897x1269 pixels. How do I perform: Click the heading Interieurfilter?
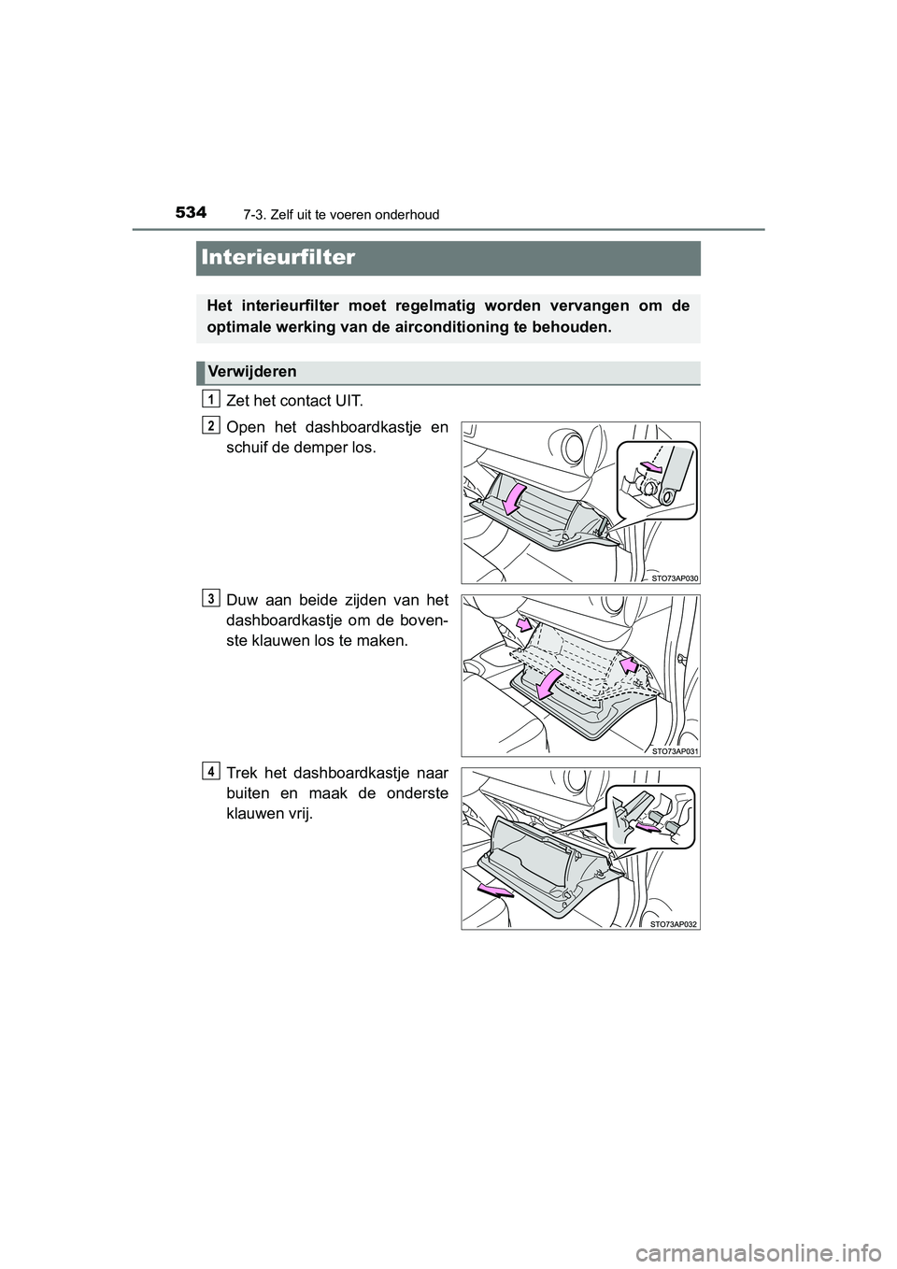tap(277, 257)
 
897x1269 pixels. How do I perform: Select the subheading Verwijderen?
tap(252, 372)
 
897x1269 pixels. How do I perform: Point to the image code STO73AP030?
tap(675, 577)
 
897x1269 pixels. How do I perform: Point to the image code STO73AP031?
tap(675, 750)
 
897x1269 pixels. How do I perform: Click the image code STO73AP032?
tap(675, 923)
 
